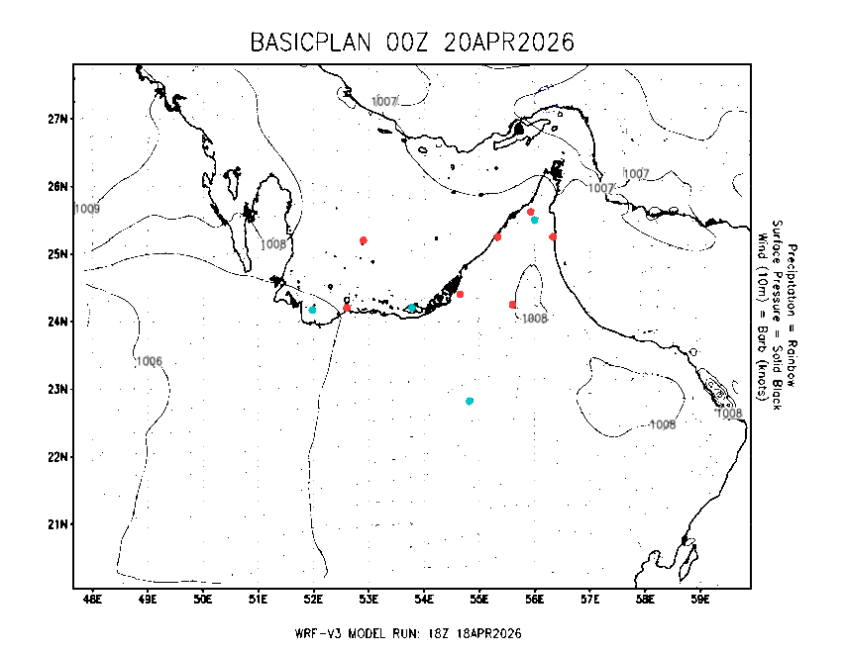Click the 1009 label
[87, 209]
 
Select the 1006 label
[149, 361]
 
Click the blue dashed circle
[545, 99]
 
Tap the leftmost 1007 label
[383, 101]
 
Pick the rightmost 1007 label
[636, 173]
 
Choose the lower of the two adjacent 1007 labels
[600, 188]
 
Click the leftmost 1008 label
[272, 243]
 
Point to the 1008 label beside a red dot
[534, 319]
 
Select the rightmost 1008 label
[728, 413]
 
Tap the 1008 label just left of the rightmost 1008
[662, 424]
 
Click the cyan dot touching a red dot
[535, 220]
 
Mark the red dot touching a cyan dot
[530, 212]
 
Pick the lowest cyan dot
[469, 401]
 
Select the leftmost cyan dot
[312, 310]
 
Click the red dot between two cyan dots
[346, 308]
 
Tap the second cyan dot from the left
[411, 308]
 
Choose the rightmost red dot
[552, 236]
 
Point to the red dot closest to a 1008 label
[512, 305]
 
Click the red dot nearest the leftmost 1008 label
[363, 240]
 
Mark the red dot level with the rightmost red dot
[497, 236]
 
